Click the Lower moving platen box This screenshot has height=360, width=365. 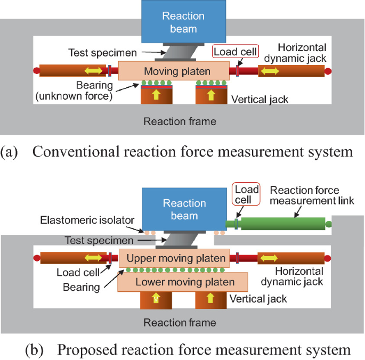coord(184,282)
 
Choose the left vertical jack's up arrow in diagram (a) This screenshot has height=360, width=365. coord(156,95)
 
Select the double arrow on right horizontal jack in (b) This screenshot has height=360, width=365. coord(268,258)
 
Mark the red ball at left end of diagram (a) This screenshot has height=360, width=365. coord(36,70)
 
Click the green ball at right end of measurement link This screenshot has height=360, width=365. coord(329,224)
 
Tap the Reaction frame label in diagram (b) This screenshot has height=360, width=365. coord(180,323)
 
